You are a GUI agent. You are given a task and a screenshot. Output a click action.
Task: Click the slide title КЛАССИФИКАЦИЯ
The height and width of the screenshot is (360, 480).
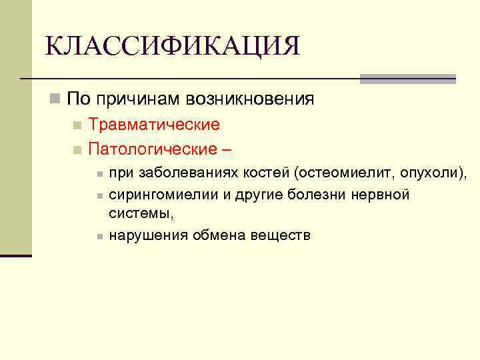tap(172, 46)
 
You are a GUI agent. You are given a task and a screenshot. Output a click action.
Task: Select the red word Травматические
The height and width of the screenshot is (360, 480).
tap(154, 125)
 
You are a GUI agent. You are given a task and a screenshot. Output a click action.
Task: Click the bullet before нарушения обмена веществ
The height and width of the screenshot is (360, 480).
tap(98, 236)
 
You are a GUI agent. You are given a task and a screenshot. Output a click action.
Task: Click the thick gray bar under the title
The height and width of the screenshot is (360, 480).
tap(407, 79)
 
